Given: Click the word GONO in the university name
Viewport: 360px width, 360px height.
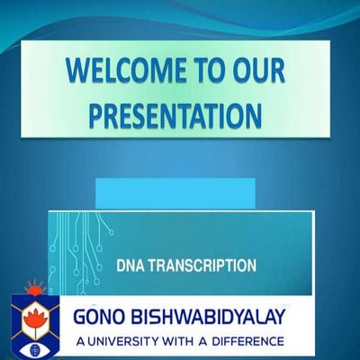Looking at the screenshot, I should click(x=106, y=319).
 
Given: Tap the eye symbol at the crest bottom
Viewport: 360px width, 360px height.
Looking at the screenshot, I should click(x=35, y=345).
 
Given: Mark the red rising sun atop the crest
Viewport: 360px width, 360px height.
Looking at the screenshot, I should click(x=35, y=290).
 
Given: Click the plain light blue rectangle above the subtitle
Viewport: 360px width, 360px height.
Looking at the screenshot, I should click(x=175, y=193).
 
